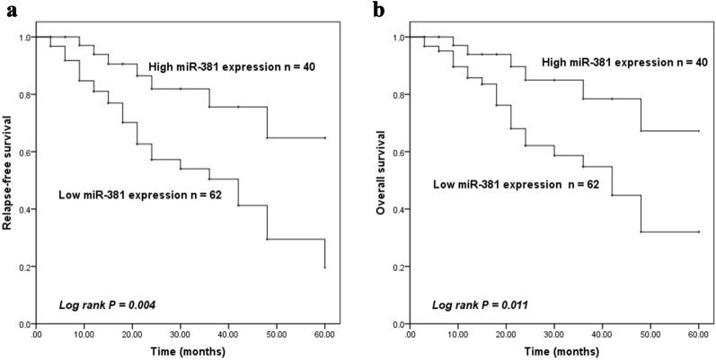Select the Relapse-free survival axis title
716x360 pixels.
coord(9,180)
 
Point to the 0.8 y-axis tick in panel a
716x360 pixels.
coord(25,94)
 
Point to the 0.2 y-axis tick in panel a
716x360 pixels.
coord(25,267)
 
